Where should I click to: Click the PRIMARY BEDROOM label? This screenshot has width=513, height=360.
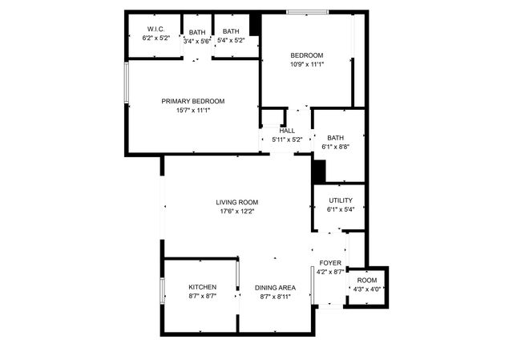coord(192,101)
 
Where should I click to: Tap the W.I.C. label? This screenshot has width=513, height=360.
coord(156,30)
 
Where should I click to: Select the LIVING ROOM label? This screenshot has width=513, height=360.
coord(236,202)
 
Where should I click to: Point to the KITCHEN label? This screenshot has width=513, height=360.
coord(202,287)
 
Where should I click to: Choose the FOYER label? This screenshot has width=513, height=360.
coord(330,263)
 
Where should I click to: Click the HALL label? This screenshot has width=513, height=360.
coord(287,131)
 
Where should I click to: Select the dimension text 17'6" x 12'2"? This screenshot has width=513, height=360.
coord(236,212)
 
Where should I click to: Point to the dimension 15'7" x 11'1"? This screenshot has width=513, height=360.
coord(192,111)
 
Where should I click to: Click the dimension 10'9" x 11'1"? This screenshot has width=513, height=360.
coord(307,64)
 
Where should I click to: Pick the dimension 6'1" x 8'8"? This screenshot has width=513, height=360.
coord(335,147)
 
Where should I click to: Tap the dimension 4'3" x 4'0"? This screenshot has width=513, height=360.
coord(366,289)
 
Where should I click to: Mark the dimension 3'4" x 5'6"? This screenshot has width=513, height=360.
coord(196,41)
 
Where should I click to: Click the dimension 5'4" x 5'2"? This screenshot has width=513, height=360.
coord(231,41)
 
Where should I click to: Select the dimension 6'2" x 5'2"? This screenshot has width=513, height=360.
coord(156,38)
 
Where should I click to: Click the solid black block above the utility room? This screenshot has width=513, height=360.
coord(319,172)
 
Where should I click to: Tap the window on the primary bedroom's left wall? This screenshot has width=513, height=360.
coord(125,83)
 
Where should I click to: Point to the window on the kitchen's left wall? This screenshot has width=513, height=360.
coord(162,297)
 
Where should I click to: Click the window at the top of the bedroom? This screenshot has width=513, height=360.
coord(306,11)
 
